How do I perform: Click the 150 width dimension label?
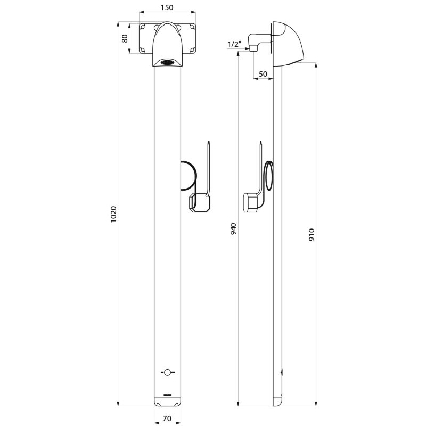coord(168,8)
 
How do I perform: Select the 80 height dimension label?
coord(125,38)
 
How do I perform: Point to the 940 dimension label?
coord(233,229)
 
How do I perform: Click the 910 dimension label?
coord(312,235)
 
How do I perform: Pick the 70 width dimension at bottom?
coord(167,419)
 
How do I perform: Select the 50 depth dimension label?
coord(263,73)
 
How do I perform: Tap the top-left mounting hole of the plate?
coord(143,27)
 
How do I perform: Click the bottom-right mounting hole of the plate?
coord(193,50)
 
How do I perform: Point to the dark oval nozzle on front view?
coord(168,62)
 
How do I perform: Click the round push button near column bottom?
coord(167,372)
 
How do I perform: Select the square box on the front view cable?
coord(199,203)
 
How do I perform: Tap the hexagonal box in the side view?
coord(250,203)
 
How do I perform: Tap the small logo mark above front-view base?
coord(167,395)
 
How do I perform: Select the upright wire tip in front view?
coord(209,143)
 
